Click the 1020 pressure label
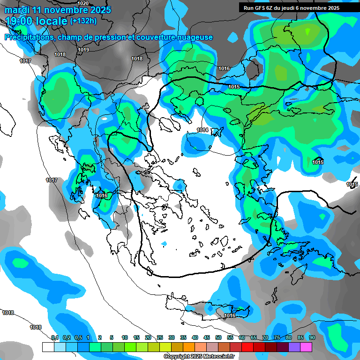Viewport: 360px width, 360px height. tap(83, 3)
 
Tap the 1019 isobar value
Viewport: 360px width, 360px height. tap(84, 50)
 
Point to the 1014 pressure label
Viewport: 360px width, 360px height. tap(202, 130)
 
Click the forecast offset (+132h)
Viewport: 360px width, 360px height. tap(83, 21)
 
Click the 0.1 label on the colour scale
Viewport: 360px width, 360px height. tap(55, 337)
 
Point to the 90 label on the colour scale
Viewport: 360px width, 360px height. tap(312, 337)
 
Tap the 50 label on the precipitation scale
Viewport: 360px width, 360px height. tap(218, 337)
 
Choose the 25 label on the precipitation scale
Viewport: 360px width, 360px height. tap(160, 337)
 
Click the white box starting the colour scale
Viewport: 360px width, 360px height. tap(48, 347)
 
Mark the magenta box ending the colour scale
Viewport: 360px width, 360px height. tap(306, 347)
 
